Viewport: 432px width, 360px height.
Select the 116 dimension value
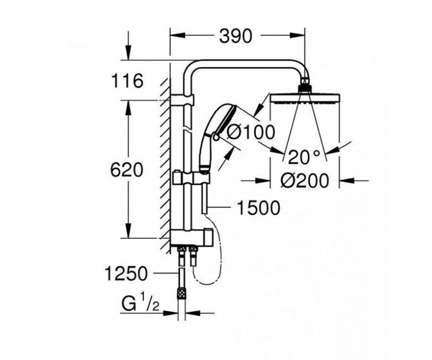tap(127, 81)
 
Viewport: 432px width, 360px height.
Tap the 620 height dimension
tap(127, 169)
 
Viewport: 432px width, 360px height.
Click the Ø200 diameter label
tap(304, 181)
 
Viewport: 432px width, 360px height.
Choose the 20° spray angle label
tap(304, 157)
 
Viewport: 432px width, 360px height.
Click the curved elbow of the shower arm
tap(191, 72)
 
